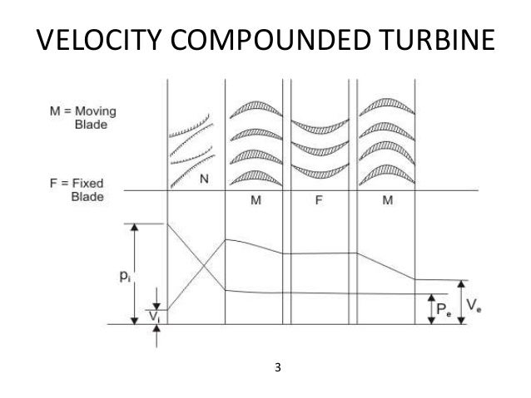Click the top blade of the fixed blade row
[319, 125]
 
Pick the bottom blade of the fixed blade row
[319, 174]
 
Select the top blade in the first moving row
[255, 109]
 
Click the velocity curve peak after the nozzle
[226, 239]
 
